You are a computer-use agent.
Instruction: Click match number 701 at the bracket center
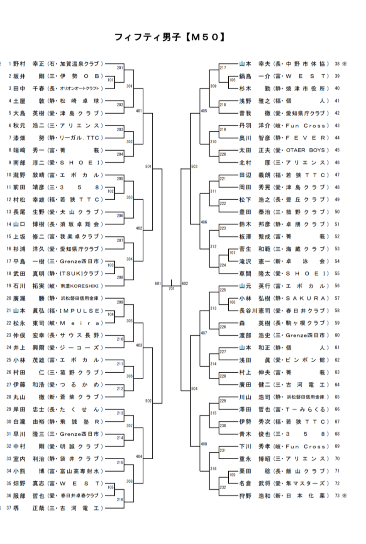point(172,289)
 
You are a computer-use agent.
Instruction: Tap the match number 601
point(158,284)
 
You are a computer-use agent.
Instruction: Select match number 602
point(185,284)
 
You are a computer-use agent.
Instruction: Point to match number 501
point(148,167)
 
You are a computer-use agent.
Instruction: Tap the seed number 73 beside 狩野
point(338,495)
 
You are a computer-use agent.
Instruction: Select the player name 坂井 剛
point(27,76)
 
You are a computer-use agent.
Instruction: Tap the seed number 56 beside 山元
point(338,285)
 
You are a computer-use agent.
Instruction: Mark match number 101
point(110,79)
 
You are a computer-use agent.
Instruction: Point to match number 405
point(204,111)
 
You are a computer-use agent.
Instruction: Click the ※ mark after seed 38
point(345,64)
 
